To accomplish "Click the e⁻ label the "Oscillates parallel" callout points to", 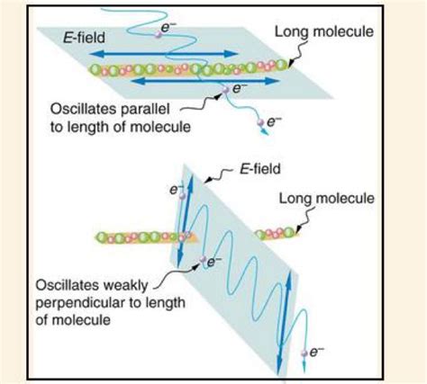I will click(238, 88).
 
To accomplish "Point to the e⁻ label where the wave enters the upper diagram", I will click(166, 28).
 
